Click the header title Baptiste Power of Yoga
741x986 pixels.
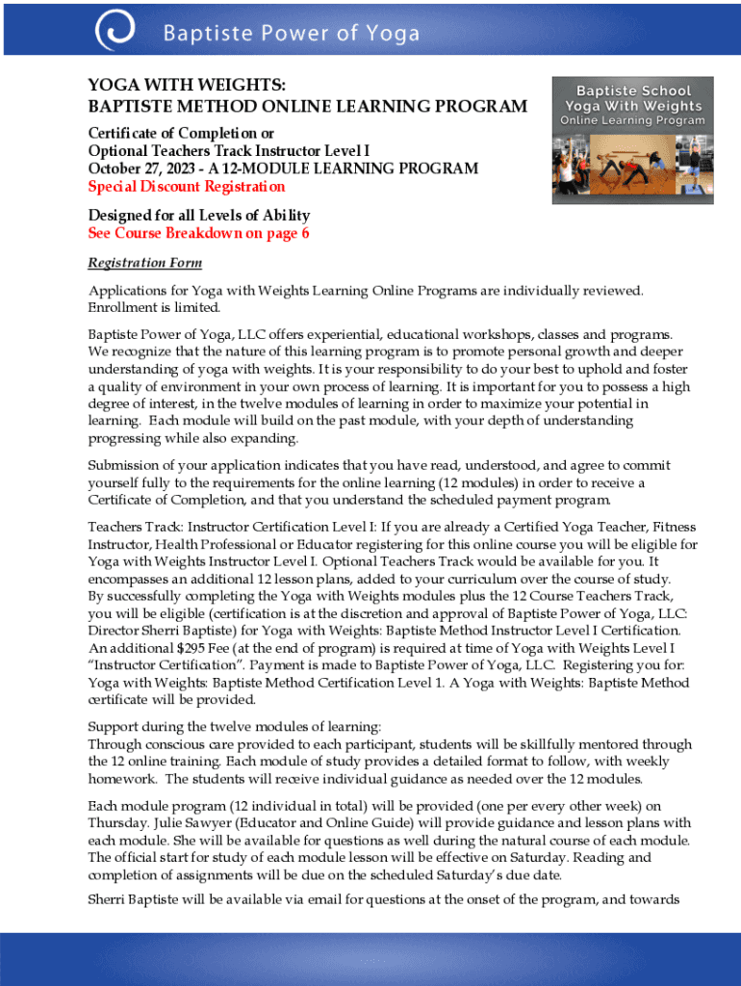click(x=291, y=35)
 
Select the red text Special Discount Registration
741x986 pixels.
click(x=187, y=186)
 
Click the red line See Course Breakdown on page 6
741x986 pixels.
click(x=198, y=234)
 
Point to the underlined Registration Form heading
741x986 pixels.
click(x=144, y=263)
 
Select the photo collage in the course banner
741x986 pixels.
click(x=631, y=168)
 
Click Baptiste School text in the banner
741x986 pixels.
click(x=631, y=91)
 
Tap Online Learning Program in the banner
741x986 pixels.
click(x=631, y=121)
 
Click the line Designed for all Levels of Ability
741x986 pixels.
click(x=198, y=216)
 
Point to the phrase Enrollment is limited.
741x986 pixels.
click(x=154, y=308)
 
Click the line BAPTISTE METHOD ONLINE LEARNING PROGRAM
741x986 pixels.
click(x=307, y=106)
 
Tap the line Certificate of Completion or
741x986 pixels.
click(x=181, y=133)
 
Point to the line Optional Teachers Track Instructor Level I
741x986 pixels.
click(x=229, y=151)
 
